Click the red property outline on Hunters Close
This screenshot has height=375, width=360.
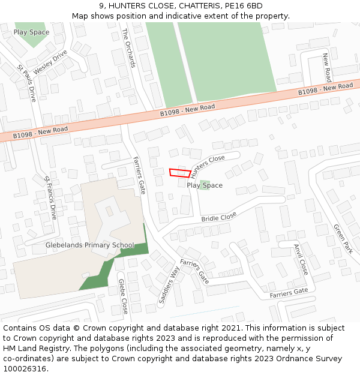(179, 173)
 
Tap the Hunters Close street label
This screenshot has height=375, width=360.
(208, 162)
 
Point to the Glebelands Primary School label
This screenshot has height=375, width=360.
(90, 245)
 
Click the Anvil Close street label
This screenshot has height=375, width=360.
(301, 259)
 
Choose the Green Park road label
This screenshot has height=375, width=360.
(344, 239)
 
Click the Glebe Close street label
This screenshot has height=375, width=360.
(123, 296)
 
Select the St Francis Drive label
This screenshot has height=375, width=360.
(50, 197)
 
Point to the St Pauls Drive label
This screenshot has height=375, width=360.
(26, 83)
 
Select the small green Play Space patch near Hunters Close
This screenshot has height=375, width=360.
(205, 183)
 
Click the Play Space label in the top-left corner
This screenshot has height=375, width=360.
(31, 32)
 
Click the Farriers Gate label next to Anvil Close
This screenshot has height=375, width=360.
(289, 293)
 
